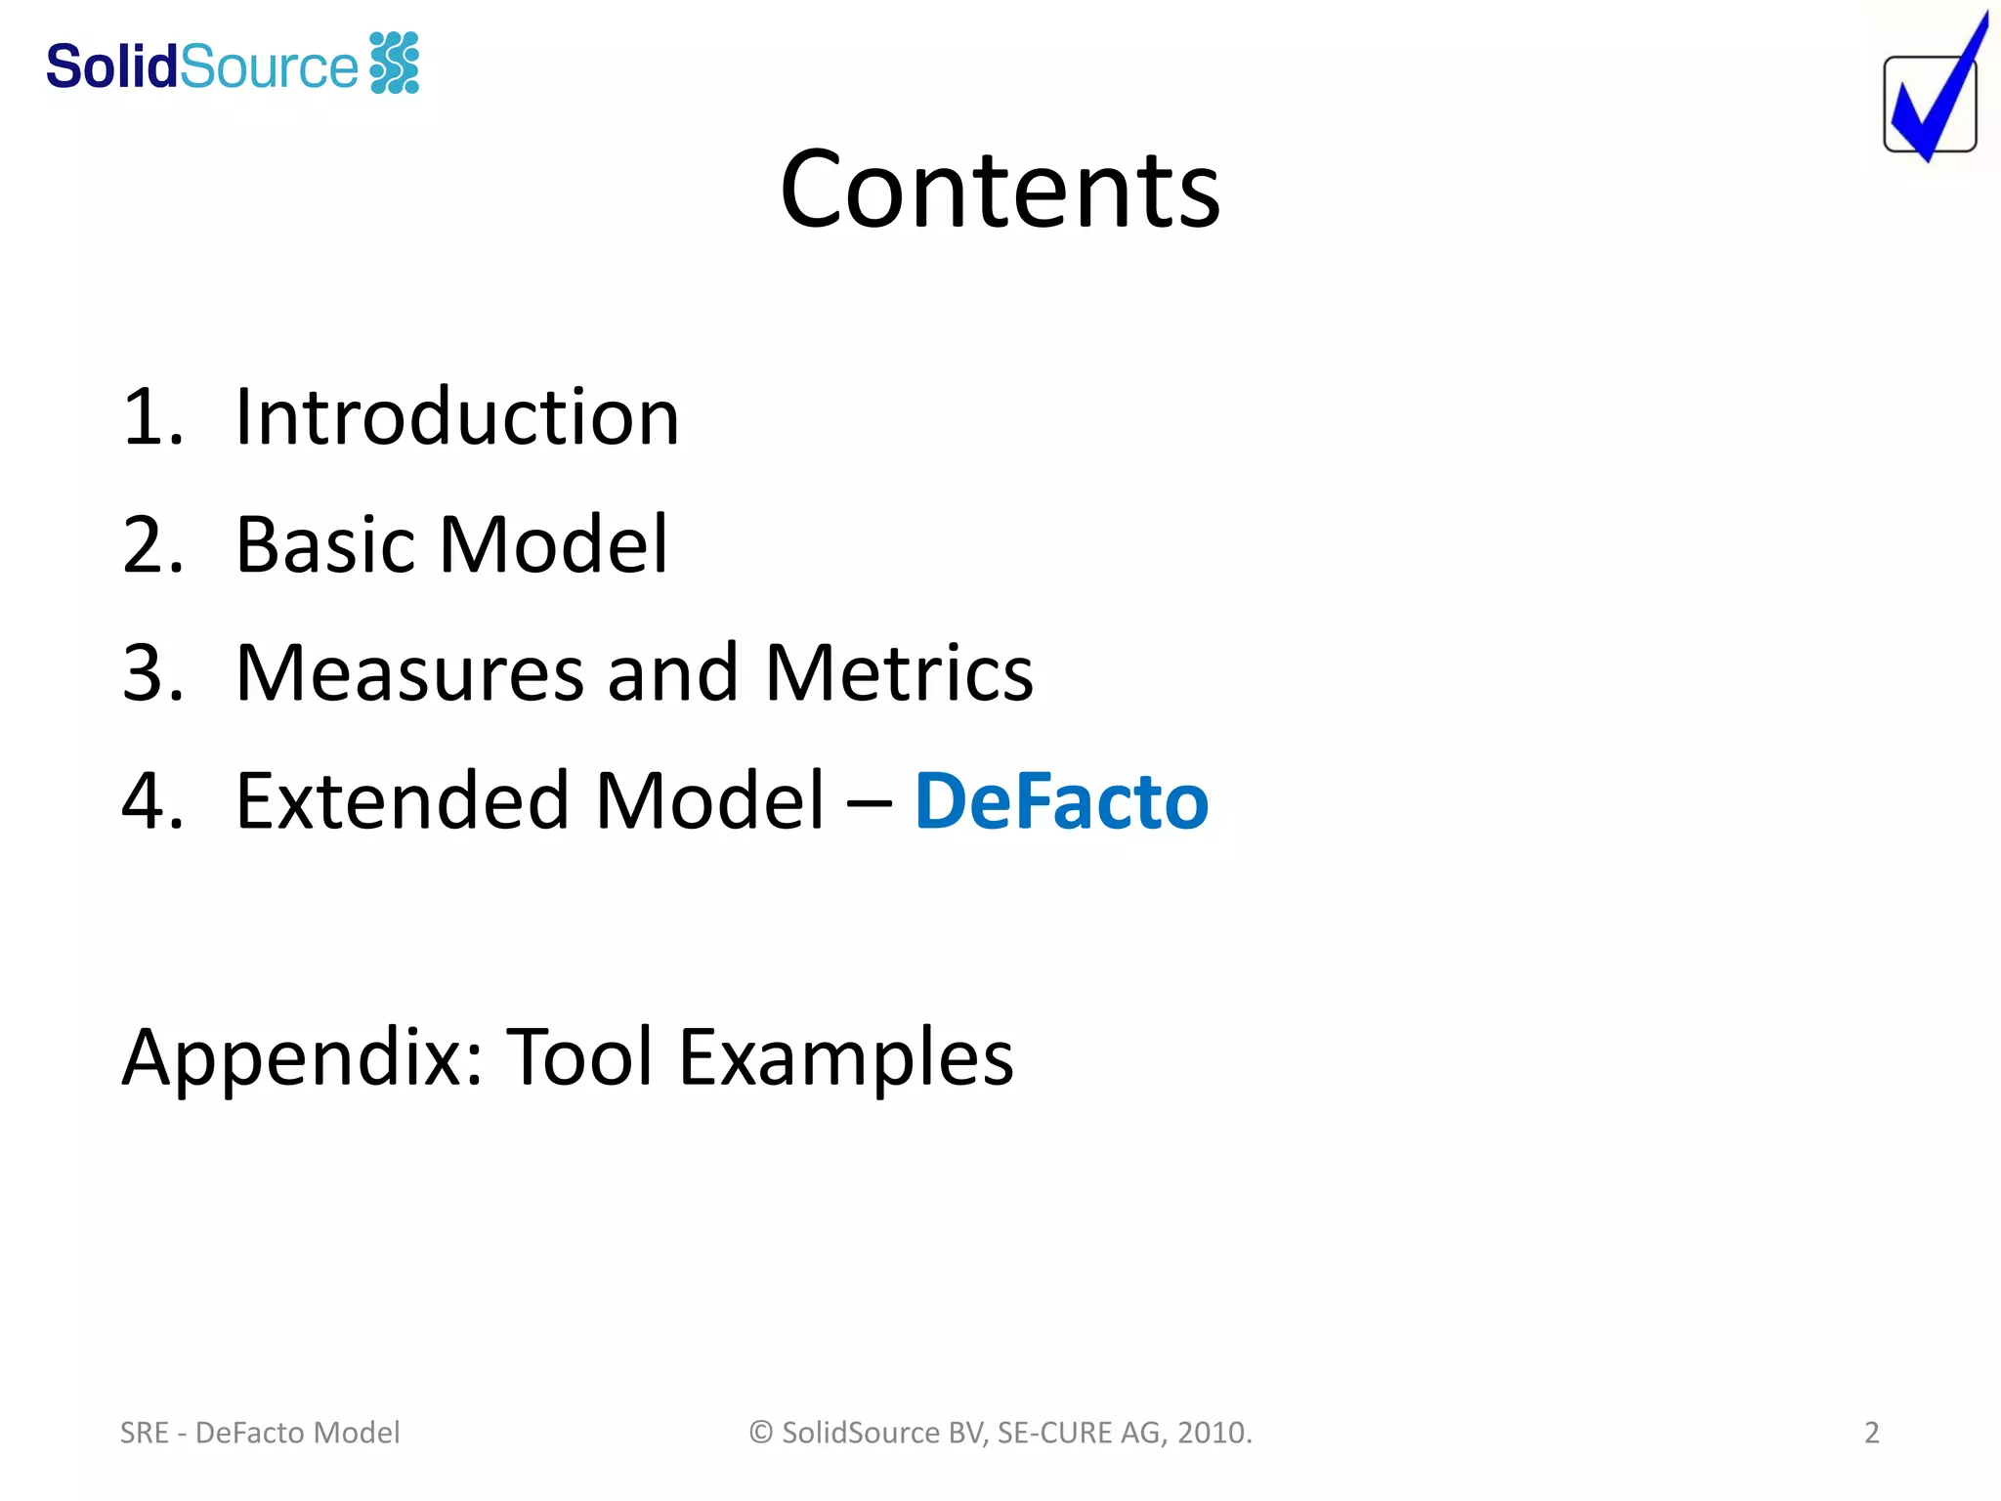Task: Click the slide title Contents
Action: tap(1000, 190)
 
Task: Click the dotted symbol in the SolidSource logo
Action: tap(395, 63)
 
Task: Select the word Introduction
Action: tap(457, 417)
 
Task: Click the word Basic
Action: tap(328, 544)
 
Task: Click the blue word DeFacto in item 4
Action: tap(1061, 801)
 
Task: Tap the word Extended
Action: tap(404, 801)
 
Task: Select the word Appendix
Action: tap(301, 1058)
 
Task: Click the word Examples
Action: tap(846, 1057)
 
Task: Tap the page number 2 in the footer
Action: tap(1871, 1433)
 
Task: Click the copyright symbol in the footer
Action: tap(761, 1433)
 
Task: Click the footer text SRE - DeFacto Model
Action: tap(260, 1433)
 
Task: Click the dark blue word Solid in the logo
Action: tap(111, 66)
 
